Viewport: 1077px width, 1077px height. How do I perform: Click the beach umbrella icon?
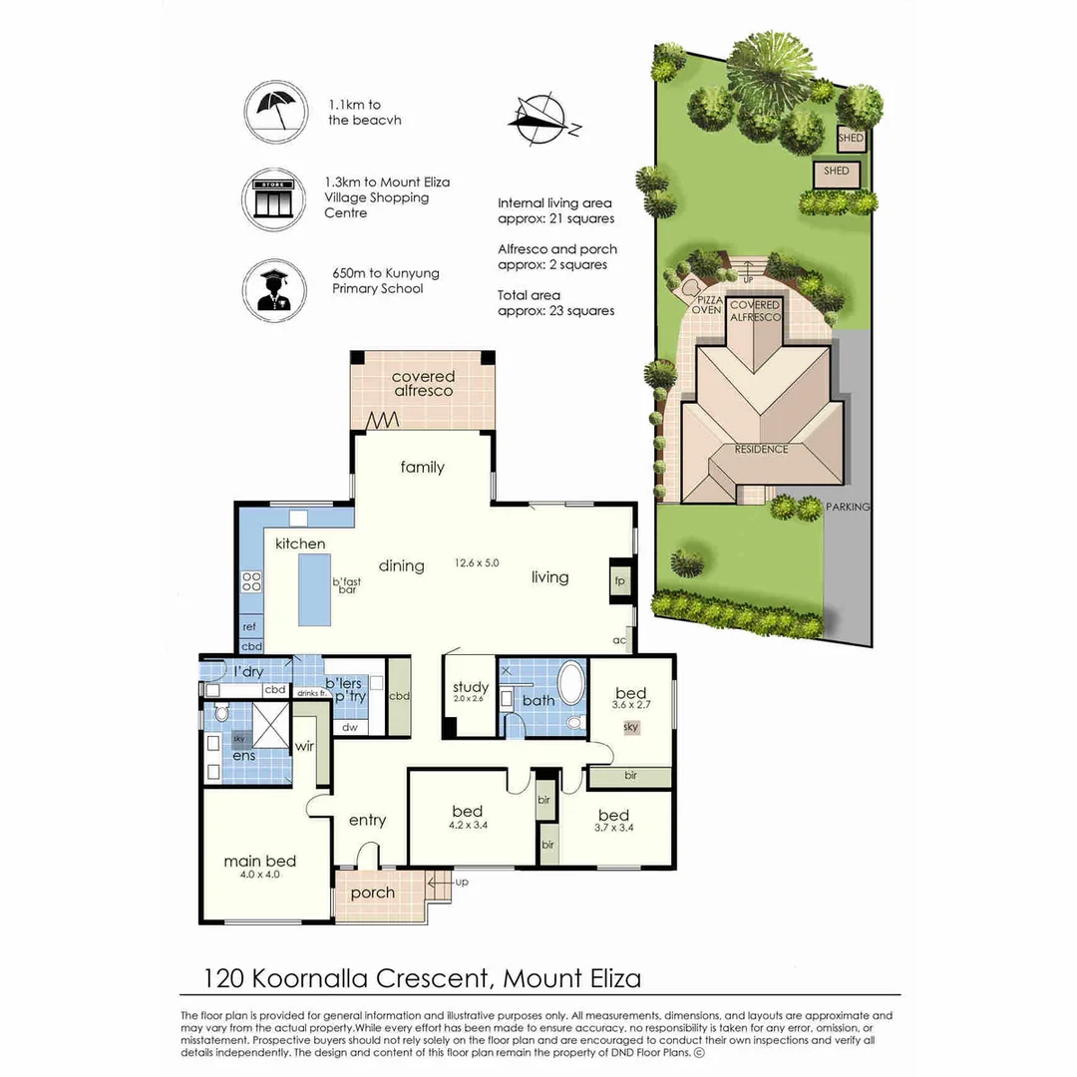(275, 112)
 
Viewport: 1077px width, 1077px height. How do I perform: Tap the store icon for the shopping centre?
(273, 198)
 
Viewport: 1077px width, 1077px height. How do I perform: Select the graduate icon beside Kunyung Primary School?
(273, 290)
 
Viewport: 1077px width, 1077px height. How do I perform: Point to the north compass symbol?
(543, 121)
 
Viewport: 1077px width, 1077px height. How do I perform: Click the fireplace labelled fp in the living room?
(620, 581)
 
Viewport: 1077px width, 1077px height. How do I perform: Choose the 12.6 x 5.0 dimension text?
(477, 562)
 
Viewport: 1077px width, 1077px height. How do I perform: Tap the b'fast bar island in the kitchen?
(314, 589)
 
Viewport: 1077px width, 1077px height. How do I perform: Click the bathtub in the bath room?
(569, 682)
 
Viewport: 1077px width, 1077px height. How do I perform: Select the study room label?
(471, 687)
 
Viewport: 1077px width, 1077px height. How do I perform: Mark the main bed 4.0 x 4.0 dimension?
(259, 876)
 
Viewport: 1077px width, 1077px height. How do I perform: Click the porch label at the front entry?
(372, 893)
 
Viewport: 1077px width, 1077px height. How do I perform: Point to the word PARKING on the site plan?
(848, 507)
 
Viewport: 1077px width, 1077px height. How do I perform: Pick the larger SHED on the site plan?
(836, 174)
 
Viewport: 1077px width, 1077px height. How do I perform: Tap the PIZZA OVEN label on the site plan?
(707, 305)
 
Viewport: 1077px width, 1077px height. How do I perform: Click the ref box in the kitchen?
(250, 626)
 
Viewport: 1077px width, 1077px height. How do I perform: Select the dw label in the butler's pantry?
(350, 727)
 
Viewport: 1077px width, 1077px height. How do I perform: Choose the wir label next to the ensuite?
(304, 746)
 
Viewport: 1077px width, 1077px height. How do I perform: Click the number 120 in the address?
(224, 978)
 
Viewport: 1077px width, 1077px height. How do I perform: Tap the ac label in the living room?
(619, 640)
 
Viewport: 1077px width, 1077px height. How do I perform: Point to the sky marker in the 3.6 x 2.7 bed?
(631, 727)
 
